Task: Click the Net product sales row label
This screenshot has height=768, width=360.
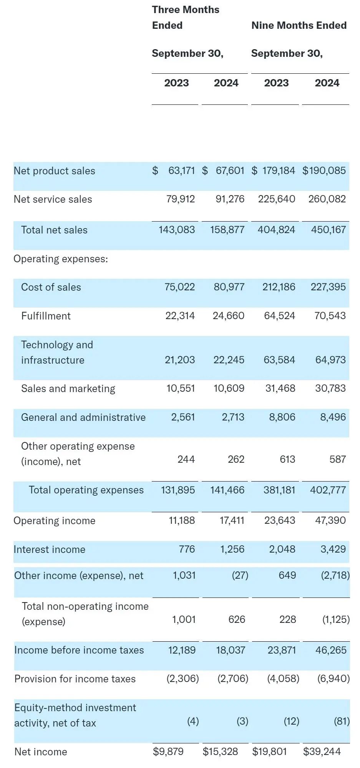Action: pyautogui.click(x=54, y=171)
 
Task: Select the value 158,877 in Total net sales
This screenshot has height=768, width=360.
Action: pyautogui.click(x=227, y=230)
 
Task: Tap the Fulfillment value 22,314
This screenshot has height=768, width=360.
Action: pyautogui.click(x=180, y=316)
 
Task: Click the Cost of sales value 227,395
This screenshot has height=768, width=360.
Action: pyautogui.click(x=328, y=287)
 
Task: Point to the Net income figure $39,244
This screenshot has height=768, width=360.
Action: pyautogui.click(x=322, y=751)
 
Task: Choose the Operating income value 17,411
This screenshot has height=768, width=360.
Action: pyautogui.click(x=232, y=520)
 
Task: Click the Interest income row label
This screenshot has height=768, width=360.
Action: pyautogui.click(x=49, y=549)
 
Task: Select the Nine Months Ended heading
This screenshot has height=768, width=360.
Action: pyautogui.click(x=299, y=25)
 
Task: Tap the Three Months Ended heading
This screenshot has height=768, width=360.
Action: pyautogui.click(x=185, y=18)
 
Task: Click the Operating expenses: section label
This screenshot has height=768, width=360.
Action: pyautogui.click(x=61, y=259)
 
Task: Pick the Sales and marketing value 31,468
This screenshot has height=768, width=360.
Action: pyautogui.click(x=280, y=388)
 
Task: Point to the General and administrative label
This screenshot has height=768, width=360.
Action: pyautogui.click(x=83, y=417)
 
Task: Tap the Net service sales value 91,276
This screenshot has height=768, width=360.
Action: pyautogui.click(x=230, y=199)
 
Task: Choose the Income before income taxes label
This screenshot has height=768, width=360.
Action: pyautogui.click(x=79, y=650)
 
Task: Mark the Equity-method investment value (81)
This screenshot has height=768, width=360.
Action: pyautogui.click(x=342, y=721)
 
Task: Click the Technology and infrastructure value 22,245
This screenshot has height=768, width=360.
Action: pyautogui.click(x=229, y=360)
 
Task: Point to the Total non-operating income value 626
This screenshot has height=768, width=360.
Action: pyautogui.click(x=236, y=619)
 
